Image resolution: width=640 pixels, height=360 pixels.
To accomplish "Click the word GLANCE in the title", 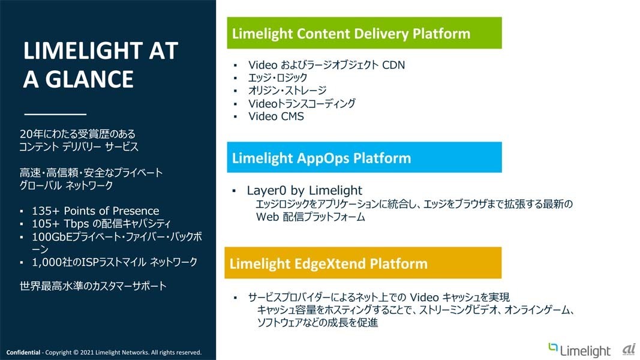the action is [89, 79].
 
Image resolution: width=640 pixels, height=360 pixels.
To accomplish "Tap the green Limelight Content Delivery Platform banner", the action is [364, 33].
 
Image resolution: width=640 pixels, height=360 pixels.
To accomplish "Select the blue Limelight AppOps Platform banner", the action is [364, 158].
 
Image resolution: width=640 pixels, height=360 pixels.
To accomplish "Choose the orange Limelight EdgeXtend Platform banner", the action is [363, 263].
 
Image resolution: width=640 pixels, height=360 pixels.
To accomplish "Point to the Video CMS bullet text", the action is [276, 116].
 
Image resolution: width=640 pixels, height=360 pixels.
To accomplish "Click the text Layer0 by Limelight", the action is [305, 190].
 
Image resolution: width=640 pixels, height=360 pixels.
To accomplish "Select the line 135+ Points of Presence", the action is [95, 211].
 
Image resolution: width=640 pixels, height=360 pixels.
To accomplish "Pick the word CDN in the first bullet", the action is [393, 65].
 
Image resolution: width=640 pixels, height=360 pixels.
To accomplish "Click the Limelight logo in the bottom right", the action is [579, 350].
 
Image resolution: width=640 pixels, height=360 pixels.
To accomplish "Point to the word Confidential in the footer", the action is [23, 352].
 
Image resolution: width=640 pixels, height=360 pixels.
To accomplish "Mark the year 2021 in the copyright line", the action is [87, 352].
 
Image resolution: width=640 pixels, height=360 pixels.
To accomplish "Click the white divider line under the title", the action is [55, 114].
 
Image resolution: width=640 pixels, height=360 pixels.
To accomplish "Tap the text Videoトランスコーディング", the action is [302, 104].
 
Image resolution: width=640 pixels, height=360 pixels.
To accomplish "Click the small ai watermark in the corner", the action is [629, 350].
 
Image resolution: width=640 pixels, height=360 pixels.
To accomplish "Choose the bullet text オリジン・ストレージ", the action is [287, 91].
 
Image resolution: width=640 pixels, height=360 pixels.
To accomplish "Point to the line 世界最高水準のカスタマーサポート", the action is [93, 286].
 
